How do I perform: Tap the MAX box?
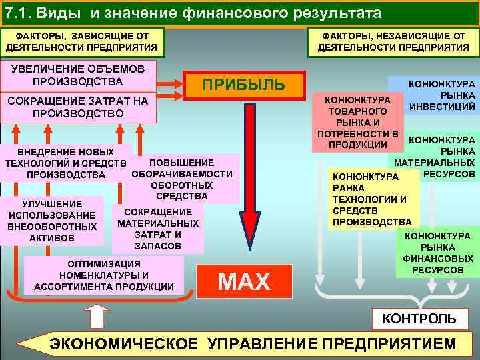pos(244,281)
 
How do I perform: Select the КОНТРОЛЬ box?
pos(419,318)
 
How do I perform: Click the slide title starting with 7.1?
pos(193,13)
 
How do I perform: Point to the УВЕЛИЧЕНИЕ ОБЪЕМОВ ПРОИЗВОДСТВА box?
pos(78,75)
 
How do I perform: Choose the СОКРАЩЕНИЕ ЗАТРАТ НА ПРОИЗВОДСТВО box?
pos(78,107)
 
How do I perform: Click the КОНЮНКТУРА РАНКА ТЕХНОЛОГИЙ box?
pos(371,199)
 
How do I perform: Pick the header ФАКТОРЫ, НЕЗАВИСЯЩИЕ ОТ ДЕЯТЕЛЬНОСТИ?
pos(393,41)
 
